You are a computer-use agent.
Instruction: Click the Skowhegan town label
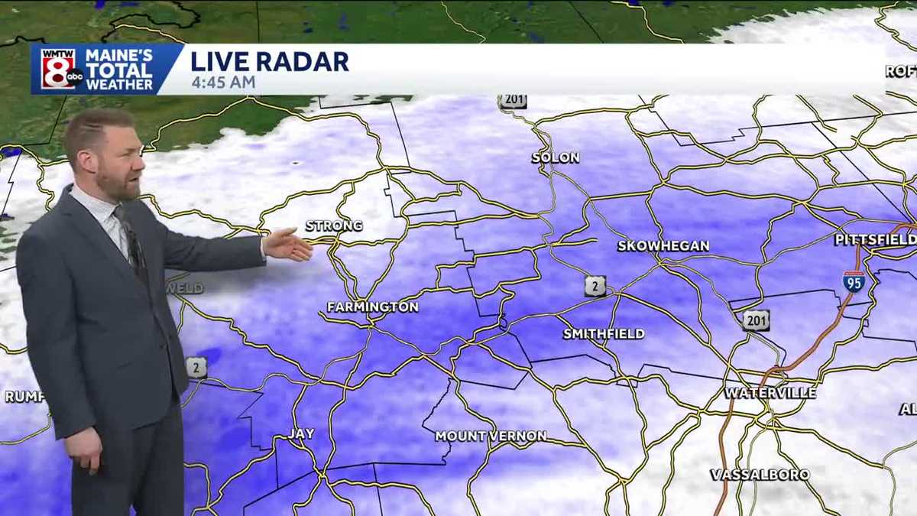pos(663,246)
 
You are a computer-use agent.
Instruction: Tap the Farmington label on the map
pos(373,307)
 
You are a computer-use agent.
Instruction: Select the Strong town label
pos(334,226)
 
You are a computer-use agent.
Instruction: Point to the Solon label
pos(556,158)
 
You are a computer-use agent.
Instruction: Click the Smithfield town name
pos(604,334)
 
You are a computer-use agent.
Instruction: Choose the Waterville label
pos(770,393)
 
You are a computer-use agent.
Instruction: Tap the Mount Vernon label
pos(491,436)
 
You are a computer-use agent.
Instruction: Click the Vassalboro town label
pos(760,475)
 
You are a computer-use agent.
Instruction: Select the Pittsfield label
pos(875,240)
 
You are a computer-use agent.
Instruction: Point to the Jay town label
pos(301,434)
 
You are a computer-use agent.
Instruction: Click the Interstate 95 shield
pos(854,281)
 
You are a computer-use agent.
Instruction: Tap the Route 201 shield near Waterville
pos(756,320)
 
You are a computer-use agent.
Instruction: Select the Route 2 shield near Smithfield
pos(595,286)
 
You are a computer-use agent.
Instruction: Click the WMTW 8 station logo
pos(58,69)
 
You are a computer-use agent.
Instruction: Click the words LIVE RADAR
pos(270,61)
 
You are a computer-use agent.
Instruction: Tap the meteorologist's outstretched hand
pos(289,244)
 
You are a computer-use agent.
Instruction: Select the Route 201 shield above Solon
pos(514,101)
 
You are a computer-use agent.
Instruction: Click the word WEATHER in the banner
pos(120,84)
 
